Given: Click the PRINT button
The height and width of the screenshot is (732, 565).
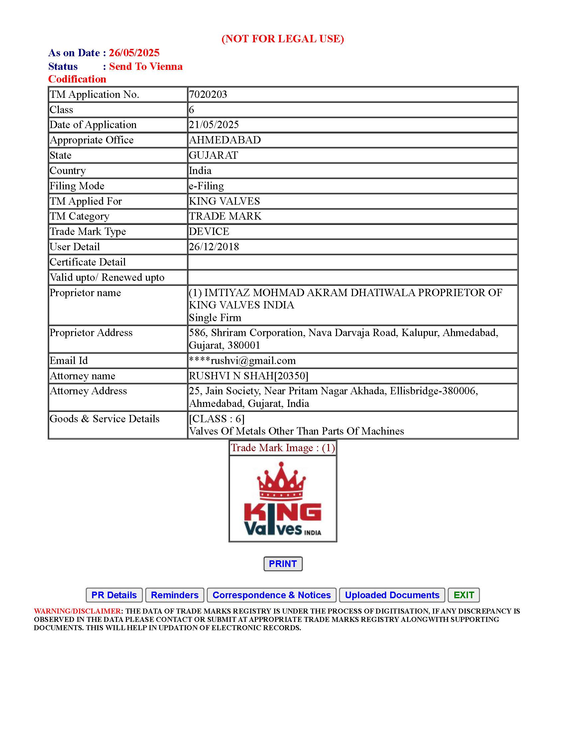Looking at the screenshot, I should (x=283, y=564).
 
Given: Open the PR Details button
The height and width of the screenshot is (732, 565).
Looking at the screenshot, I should (x=114, y=595).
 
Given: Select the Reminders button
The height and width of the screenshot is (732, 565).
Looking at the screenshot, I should (x=175, y=595).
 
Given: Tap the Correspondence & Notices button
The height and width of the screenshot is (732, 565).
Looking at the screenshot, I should (x=272, y=595).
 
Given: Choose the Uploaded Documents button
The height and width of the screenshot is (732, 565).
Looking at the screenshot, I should (x=392, y=595).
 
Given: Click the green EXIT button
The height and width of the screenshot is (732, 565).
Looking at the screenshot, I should (x=464, y=595).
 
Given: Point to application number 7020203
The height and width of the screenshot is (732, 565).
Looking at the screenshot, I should (x=208, y=94).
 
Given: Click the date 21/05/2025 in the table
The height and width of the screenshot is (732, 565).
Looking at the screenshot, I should (x=214, y=125).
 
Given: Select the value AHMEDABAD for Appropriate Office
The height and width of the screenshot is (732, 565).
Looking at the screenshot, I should (x=225, y=140).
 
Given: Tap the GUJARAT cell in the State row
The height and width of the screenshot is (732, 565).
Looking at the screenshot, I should (x=214, y=155).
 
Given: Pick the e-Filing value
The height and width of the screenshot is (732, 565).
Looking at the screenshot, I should (x=206, y=186).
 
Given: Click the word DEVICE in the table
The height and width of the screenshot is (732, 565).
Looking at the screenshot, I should (x=209, y=232).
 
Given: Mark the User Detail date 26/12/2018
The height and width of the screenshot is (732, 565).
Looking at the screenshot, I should (x=214, y=247).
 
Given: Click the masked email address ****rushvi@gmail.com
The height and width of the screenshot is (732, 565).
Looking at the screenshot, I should (x=242, y=361).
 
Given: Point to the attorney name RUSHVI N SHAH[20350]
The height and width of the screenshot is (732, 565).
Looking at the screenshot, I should (x=249, y=376).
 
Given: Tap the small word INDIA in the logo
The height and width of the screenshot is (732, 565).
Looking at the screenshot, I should (x=313, y=533).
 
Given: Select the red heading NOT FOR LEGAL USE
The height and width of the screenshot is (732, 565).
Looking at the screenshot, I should (x=283, y=39).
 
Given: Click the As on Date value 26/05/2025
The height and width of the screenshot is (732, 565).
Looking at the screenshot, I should (x=134, y=53).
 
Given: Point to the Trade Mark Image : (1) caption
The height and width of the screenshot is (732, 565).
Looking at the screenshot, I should (x=283, y=448).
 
